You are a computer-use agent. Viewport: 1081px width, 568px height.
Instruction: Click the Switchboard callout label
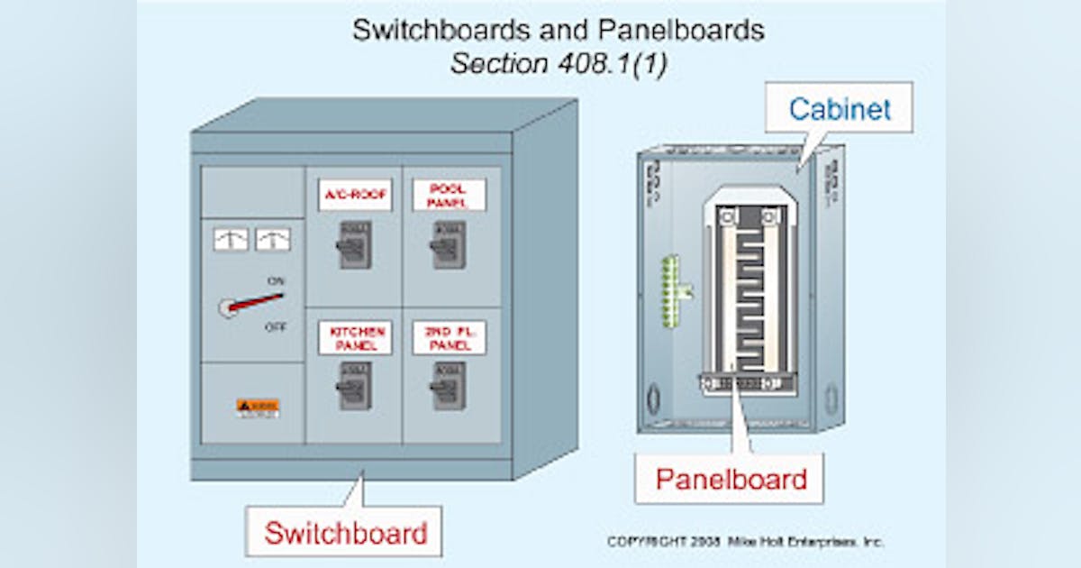tap(345, 532)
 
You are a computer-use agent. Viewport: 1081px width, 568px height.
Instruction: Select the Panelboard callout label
tap(730, 479)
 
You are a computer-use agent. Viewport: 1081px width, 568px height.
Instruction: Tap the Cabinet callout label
tap(840, 109)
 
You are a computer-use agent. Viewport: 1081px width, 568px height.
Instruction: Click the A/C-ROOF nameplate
tap(355, 195)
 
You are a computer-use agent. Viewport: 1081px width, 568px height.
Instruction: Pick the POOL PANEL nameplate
tap(449, 195)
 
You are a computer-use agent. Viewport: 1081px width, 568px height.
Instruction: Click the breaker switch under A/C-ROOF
tap(354, 244)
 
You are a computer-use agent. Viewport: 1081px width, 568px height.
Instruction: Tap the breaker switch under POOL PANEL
tap(448, 244)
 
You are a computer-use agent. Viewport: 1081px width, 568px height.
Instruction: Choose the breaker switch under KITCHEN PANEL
tap(354, 386)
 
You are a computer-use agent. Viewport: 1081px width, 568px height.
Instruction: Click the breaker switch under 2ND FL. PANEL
tap(448, 386)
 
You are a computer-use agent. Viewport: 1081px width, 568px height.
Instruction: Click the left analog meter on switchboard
tap(231, 239)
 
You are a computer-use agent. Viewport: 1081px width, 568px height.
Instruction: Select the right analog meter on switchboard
tap(273, 239)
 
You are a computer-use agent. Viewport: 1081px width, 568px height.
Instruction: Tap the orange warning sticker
tap(258, 408)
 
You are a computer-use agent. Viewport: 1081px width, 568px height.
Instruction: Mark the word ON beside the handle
tap(276, 281)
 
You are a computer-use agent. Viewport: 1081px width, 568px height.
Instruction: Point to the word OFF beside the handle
tap(276, 327)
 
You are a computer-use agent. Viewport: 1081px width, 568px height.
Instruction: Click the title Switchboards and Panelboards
tap(558, 31)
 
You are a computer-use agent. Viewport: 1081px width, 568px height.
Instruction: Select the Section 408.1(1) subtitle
tap(558, 65)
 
